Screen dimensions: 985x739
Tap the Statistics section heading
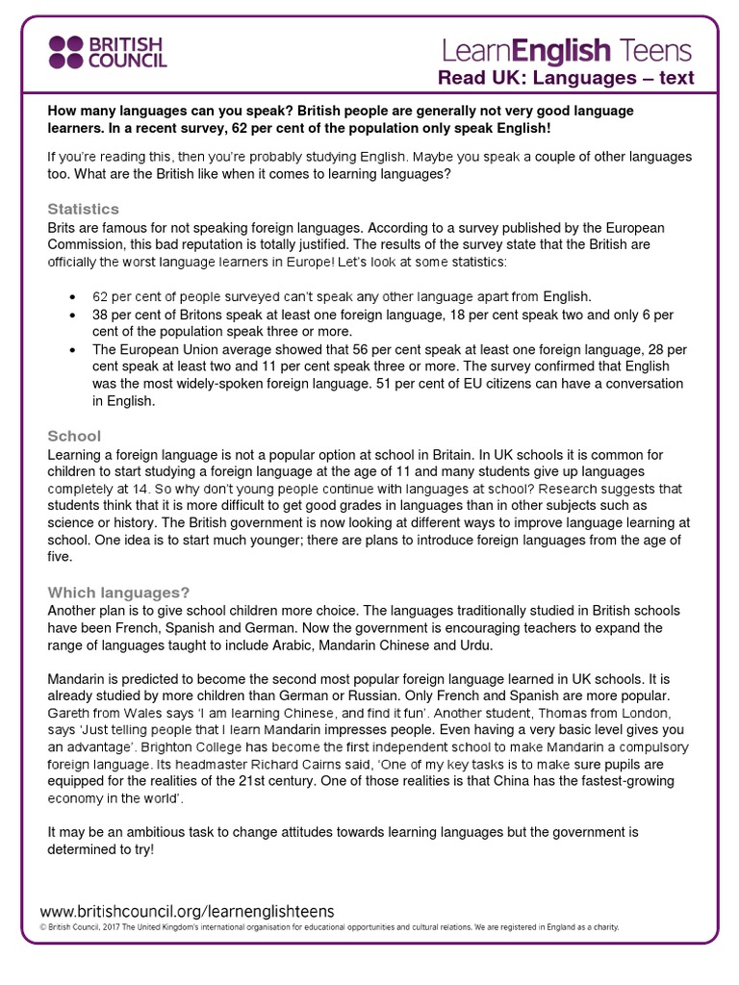click(x=84, y=209)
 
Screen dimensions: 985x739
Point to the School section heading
click(x=74, y=436)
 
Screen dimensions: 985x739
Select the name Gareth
click(x=70, y=713)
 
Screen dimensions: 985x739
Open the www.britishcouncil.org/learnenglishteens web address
click(x=187, y=910)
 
